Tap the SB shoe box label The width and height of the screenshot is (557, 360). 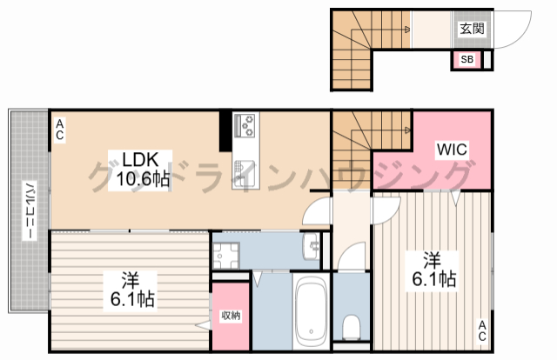click(466, 60)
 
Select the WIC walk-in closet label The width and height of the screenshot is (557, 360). click(452, 150)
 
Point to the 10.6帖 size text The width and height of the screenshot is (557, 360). click(138, 179)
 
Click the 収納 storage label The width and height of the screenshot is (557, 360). click(230, 316)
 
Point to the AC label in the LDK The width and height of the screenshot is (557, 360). click(60, 130)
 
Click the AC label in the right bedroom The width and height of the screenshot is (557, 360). click(480, 330)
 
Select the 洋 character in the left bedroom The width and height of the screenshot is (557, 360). click(130, 280)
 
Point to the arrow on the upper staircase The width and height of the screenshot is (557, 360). click(406, 30)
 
